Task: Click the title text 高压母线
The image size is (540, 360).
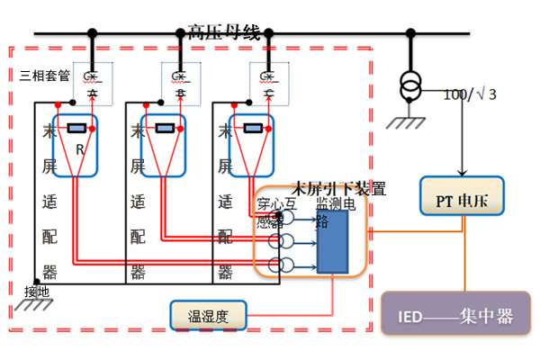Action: point(224,33)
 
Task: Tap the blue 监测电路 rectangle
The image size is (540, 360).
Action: point(332,240)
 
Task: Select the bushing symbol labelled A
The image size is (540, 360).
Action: point(91,80)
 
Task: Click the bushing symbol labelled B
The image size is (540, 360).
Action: point(179,80)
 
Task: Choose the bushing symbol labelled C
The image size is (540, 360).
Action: point(267,80)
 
